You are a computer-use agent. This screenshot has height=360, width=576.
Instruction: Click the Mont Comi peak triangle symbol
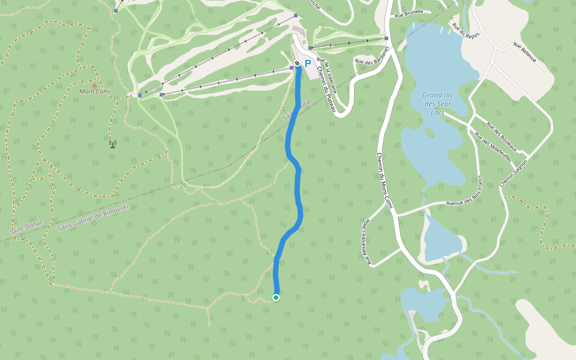(x=94, y=85)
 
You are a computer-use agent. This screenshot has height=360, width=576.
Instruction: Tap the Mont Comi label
(x=94, y=92)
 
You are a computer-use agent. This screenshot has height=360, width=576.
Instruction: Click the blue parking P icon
(x=308, y=63)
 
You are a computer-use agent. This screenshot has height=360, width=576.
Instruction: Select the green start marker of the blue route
(x=276, y=298)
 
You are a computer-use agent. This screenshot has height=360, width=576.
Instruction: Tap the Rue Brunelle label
(x=409, y=12)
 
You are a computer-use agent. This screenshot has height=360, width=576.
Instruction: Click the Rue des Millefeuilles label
(x=493, y=148)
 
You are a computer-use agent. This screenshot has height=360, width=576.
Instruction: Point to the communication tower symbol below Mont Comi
(x=112, y=143)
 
